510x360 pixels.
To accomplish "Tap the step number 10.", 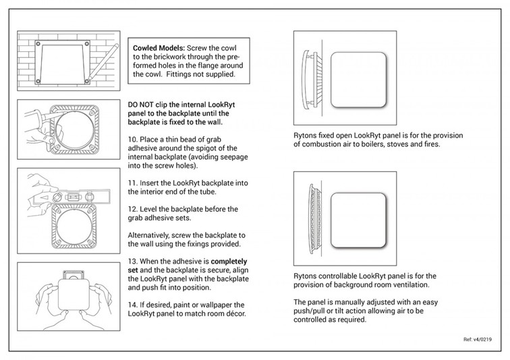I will tap(132, 138).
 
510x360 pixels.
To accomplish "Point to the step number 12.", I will tap(132, 209).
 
